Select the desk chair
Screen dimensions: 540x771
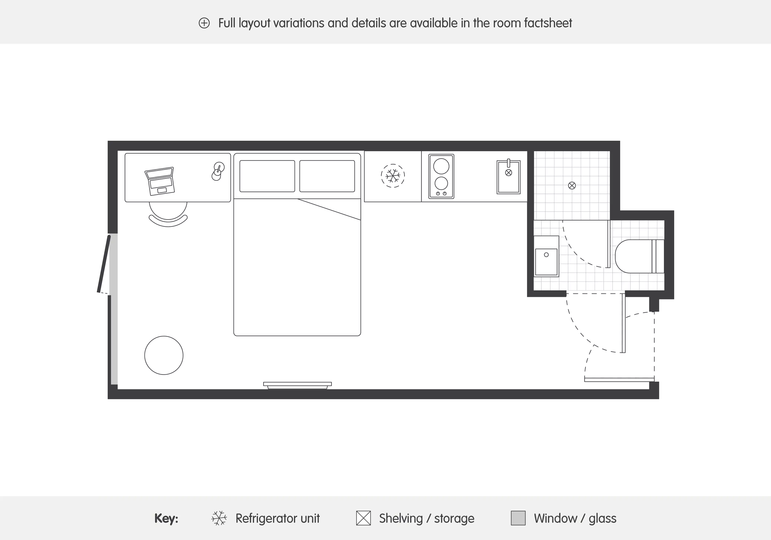[x=168, y=215]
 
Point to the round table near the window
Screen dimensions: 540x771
[x=164, y=355]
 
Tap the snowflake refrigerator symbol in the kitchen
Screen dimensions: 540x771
[x=393, y=175]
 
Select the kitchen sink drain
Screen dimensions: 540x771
[x=508, y=173]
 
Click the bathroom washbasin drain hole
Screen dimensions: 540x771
[x=546, y=255]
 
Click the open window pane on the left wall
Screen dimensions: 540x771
[x=104, y=264]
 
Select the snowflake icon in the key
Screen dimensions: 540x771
[x=219, y=518]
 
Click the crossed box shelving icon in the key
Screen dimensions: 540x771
[x=363, y=518]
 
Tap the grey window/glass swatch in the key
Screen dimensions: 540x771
[x=518, y=518]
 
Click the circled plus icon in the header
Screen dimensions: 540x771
[x=204, y=23]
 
